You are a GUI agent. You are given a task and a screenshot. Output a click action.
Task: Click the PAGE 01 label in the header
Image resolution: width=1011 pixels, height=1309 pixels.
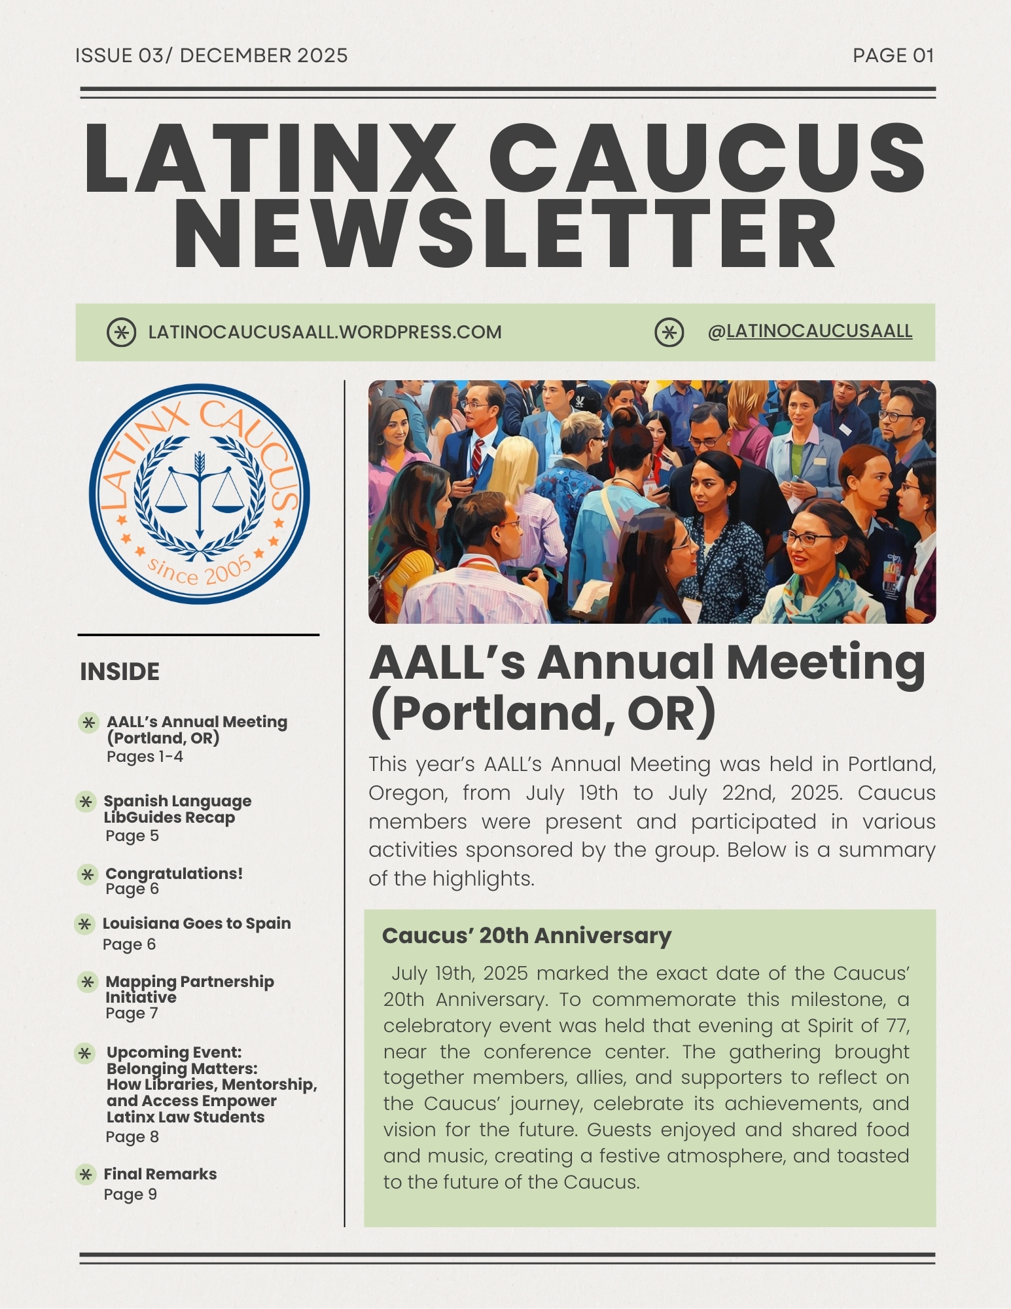893,56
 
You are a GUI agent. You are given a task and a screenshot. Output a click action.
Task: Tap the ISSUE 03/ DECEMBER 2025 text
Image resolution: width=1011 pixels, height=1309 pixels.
211,56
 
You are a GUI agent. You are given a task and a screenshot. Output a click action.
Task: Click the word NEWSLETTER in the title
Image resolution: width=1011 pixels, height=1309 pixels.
505,234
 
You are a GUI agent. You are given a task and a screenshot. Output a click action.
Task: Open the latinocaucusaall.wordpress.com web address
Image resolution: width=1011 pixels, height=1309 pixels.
325,332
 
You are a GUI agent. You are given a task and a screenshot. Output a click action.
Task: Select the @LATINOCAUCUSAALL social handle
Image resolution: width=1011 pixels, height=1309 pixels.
809,332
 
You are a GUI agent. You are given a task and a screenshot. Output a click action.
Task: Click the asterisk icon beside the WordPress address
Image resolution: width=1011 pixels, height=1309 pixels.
121,332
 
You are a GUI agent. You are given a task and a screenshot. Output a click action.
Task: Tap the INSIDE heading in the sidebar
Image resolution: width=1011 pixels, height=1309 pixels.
120,672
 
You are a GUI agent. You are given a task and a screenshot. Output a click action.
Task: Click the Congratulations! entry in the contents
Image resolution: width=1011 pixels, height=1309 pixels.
174,873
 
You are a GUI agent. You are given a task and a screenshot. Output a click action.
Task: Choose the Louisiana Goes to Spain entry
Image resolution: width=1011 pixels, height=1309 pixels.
196,923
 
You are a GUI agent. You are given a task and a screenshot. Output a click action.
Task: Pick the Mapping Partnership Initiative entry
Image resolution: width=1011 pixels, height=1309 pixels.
189,989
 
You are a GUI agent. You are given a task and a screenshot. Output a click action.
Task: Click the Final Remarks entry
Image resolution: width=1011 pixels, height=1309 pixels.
160,1174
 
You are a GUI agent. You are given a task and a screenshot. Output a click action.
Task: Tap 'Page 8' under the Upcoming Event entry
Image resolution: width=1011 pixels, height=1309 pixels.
132,1137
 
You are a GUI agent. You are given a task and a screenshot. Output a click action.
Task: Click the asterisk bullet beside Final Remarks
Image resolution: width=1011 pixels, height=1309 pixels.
86,1174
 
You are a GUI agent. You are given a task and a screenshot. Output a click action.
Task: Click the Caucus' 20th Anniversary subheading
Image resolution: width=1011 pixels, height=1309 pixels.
526,936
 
